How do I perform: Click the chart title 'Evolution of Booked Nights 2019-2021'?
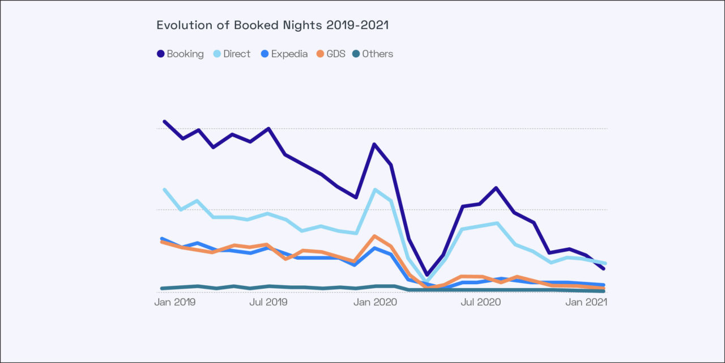point(272,26)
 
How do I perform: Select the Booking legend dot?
point(160,54)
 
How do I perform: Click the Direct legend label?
point(237,54)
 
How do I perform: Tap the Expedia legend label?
point(289,54)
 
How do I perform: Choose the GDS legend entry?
point(331,54)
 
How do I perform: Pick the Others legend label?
point(377,54)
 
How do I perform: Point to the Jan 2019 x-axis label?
point(175,302)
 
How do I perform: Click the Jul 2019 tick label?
point(268,302)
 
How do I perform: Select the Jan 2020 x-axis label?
point(374,302)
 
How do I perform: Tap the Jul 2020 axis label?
point(481,302)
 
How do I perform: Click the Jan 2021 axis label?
point(587,302)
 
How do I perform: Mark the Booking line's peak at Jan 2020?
point(374,144)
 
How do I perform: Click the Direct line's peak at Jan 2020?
point(374,189)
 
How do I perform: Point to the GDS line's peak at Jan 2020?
point(374,236)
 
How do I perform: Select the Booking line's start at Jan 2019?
point(164,121)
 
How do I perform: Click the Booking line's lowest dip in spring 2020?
point(427,275)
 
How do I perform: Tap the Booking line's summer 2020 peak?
point(496,188)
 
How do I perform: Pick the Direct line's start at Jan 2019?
point(164,189)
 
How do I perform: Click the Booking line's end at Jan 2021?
point(604,268)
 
